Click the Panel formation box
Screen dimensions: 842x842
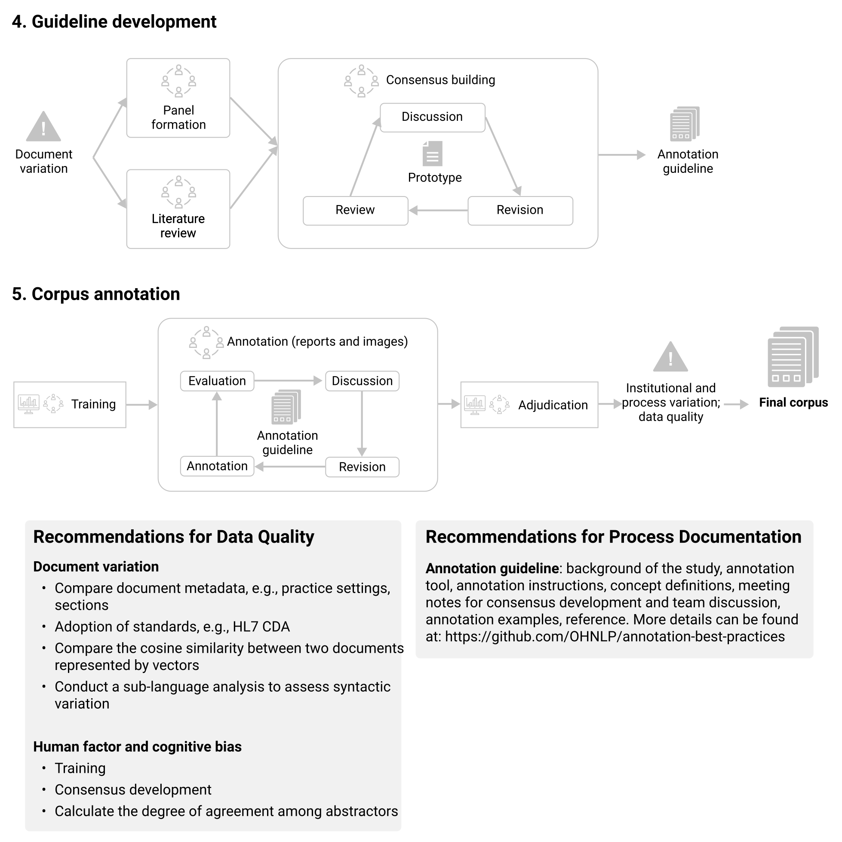(178, 98)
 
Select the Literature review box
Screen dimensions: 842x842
(178, 209)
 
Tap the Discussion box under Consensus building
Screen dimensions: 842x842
(432, 117)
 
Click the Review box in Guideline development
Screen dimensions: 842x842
(356, 211)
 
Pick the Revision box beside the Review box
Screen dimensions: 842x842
(520, 211)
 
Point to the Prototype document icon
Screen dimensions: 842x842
(432, 154)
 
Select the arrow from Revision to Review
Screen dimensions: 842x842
(439, 211)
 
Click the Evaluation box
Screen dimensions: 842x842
(217, 381)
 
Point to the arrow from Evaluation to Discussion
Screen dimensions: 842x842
(288, 381)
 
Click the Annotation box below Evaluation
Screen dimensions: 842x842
(217, 466)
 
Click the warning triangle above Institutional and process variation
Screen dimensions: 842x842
(671, 356)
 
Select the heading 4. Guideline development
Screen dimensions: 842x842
(114, 22)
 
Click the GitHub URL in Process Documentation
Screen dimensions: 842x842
(615, 636)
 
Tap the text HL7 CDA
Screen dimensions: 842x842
(261, 627)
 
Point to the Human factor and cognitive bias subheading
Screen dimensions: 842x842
(137, 747)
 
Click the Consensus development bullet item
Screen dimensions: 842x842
(133, 790)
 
